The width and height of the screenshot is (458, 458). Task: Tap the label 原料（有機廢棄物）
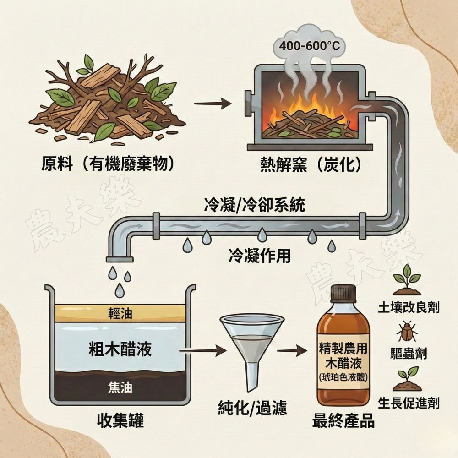(109, 164)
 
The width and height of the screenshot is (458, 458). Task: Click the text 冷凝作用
(259, 255)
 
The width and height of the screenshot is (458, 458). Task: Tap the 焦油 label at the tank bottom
(120, 387)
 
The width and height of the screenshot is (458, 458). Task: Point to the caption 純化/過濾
(252, 408)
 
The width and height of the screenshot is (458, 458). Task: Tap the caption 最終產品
(343, 420)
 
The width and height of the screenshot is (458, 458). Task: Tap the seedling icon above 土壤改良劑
(406, 279)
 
